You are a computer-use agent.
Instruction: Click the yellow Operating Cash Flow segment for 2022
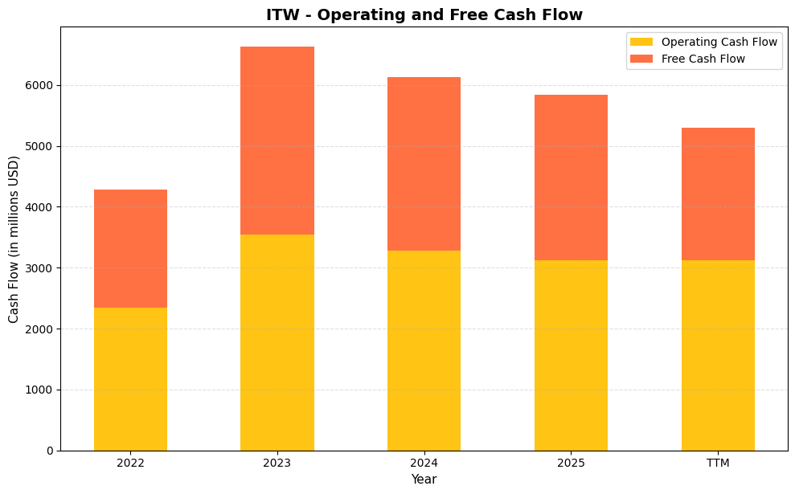(x=130, y=379)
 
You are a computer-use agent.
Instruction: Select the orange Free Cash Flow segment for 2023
(x=277, y=141)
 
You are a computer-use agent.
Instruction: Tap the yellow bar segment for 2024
(x=424, y=350)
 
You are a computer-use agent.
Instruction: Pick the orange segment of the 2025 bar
(x=571, y=178)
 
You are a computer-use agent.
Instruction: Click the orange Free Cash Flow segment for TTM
(x=718, y=194)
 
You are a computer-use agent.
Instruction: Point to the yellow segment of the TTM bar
(x=718, y=355)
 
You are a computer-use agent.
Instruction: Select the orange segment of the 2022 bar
(x=130, y=249)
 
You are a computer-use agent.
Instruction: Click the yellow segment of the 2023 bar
(x=277, y=342)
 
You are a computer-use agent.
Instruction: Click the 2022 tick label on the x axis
(x=130, y=463)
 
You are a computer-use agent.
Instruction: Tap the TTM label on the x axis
(x=718, y=463)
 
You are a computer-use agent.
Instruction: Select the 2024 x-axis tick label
(x=424, y=463)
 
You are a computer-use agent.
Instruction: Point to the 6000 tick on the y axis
(x=39, y=85)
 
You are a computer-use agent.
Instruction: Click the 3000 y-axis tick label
(x=39, y=268)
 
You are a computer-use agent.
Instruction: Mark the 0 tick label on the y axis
(x=50, y=451)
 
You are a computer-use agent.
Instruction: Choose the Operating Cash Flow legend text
(x=719, y=42)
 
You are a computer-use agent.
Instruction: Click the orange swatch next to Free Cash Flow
(x=641, y=59)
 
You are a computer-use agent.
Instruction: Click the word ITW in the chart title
(x=281, y=14)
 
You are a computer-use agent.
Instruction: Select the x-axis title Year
(x=424, y=480)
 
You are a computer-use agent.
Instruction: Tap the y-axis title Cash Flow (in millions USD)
(x=14, y=239)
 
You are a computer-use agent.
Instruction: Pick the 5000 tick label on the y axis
(x=39, y=146)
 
